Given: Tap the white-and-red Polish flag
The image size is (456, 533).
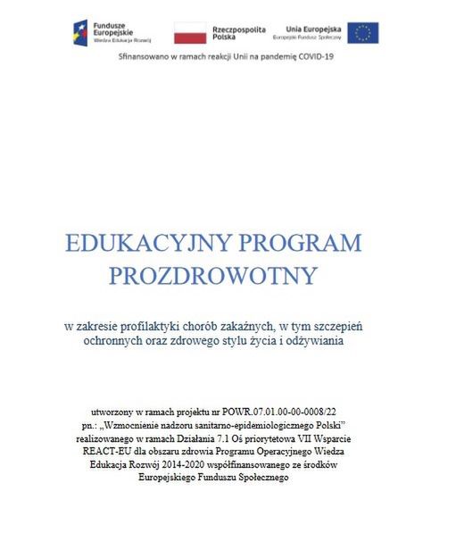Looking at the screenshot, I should (x=188, y=34).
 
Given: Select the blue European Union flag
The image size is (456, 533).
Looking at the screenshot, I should (x=362, y=33).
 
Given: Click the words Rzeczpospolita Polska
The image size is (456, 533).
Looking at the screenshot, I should (x=238, y=34).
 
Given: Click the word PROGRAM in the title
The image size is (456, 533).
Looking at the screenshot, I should (x=303, y=244).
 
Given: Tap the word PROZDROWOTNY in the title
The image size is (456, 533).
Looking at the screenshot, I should (x=213, y=276).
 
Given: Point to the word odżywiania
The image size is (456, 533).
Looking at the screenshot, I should (x=313, y=340).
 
